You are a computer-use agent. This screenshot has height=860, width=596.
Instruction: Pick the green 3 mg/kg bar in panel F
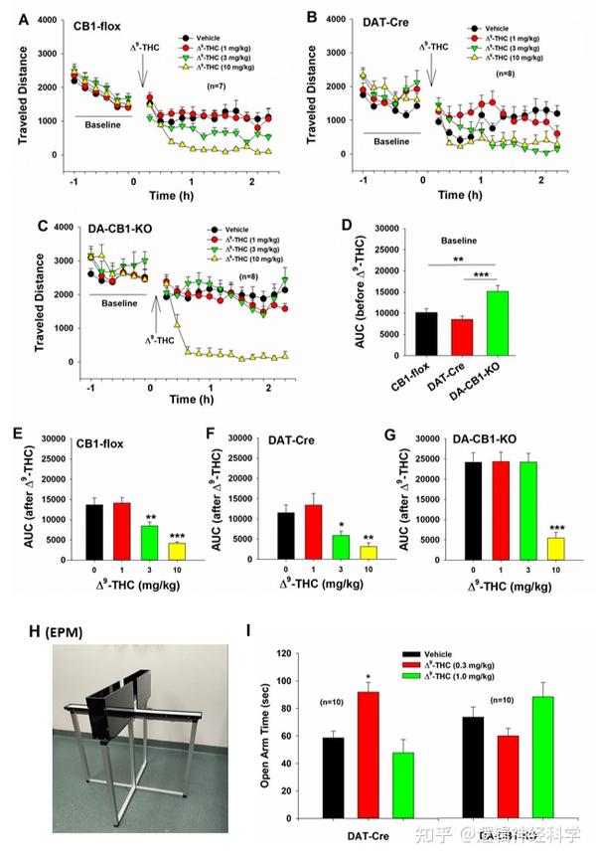(341, 547)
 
